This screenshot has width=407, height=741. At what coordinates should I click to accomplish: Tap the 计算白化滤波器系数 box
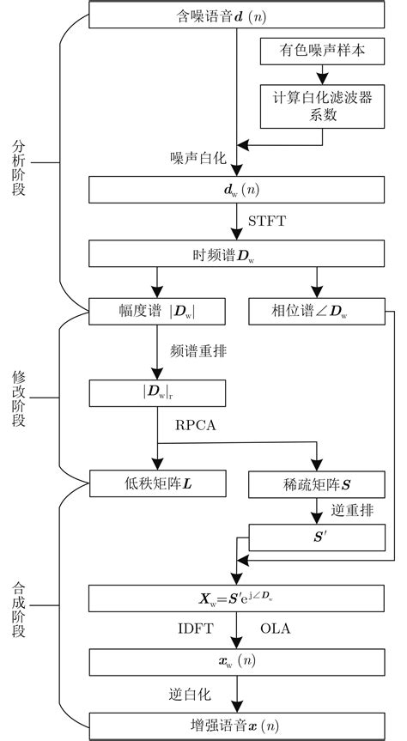(x=318, y=105)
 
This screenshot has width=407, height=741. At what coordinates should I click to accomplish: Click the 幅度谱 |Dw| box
(x=158, y=312)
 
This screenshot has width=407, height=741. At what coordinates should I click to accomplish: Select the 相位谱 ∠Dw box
(x=316, y=312)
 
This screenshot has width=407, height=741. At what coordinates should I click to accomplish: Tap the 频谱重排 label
(x=200, y=352)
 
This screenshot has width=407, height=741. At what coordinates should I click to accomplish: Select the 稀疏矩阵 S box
(x=316, y=483)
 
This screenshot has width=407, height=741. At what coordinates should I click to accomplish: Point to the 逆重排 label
(x=353, y=510)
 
